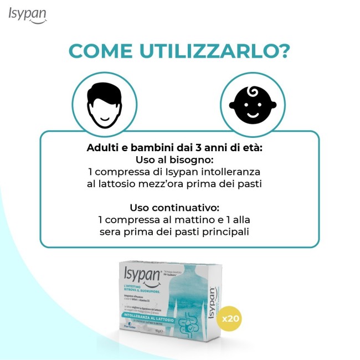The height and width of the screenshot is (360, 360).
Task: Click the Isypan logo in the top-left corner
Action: pos(28,15)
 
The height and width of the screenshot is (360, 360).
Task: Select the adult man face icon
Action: pos(104,104)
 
